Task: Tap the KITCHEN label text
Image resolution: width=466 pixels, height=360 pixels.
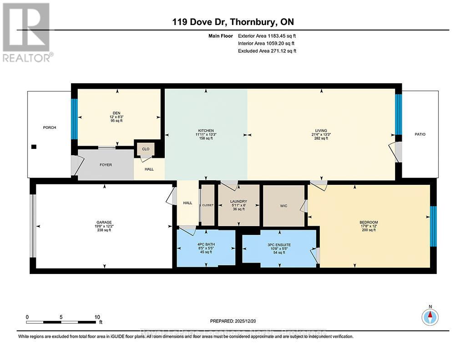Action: [x=206, y=131]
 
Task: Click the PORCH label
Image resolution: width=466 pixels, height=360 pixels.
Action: [x=50, y=127]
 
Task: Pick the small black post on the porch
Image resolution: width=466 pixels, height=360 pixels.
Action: [x=34, y=147]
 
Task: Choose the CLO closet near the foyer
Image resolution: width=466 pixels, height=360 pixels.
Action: [x=146, y=149]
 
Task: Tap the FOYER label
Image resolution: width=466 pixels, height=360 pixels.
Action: [x=106, y=165]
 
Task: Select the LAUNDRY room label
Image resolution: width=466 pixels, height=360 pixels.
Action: [x=238, y=201]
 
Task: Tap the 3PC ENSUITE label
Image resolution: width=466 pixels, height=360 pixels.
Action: [x=279, y=245]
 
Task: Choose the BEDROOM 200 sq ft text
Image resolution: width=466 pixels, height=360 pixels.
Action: [x=369, y=230]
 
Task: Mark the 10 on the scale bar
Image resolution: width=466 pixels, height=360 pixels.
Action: [x=96, y=317]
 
